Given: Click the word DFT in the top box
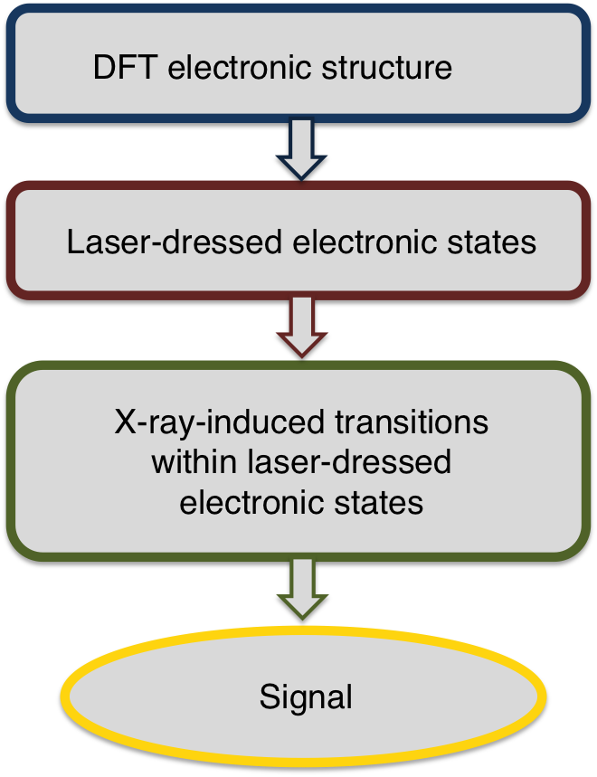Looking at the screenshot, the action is (126, 67).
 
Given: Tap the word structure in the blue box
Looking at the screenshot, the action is (387, 68).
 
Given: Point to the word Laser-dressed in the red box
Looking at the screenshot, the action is (175, 242).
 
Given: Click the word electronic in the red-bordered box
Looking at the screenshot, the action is (365, 242).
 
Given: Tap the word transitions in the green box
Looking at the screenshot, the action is (412, 422).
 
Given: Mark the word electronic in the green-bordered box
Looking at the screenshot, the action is (251, 502).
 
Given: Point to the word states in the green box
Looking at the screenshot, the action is (379, 503).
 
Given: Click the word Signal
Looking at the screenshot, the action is (306, 697).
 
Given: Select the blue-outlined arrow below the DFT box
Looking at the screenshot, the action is (301, 148).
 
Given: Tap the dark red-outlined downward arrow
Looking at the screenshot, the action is (302, 327).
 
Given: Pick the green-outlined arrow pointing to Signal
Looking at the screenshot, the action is (302, 589).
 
